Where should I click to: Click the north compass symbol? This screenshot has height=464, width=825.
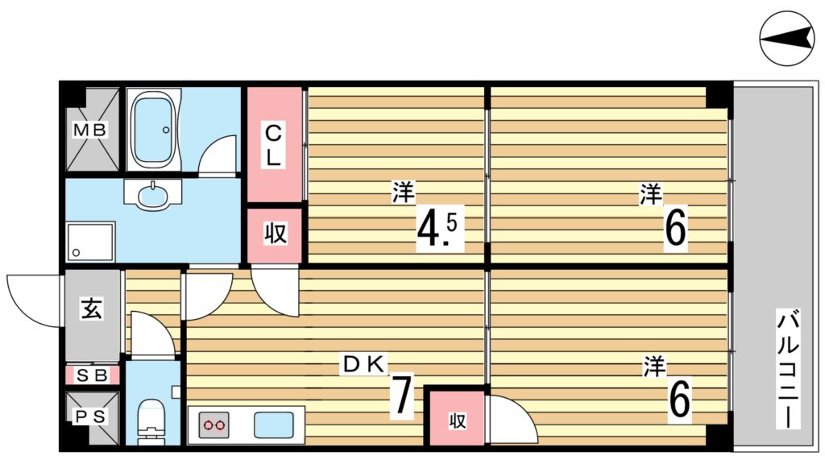coord(786,39)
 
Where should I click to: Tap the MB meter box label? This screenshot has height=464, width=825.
coord(89,130)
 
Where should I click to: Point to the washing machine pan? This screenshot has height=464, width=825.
coord(90,242)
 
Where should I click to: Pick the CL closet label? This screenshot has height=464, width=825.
coord(274,144)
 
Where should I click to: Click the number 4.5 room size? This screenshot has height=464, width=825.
coord(437,226)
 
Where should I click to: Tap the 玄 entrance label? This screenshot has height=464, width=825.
coord(91,309)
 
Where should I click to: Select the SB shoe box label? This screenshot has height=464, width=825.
coord(92,375)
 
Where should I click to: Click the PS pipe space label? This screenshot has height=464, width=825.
coord(89,416)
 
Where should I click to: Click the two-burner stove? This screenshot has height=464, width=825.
coord(214,425)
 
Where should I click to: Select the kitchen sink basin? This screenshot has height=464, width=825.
coord(274,425)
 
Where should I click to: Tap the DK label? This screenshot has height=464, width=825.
coord(365,363)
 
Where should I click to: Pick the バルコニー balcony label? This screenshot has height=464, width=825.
coord(788,369)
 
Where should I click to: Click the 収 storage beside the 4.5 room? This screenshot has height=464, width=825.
coord(276,233)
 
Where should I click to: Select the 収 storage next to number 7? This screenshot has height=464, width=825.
coord(458,420)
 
